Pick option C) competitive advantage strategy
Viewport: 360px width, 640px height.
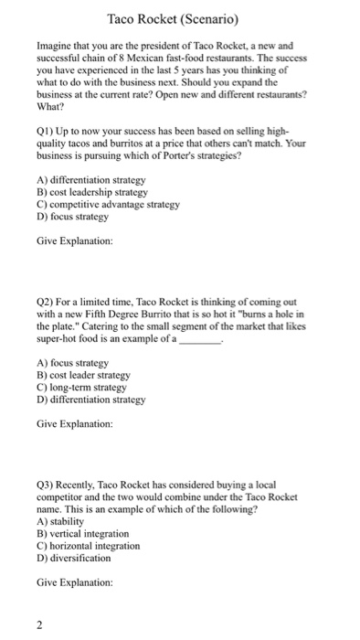pos(108,206)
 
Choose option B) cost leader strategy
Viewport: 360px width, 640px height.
pos(83,374)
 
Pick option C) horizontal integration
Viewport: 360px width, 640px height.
pos(89,545)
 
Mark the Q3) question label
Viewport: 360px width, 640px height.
pos(46,484)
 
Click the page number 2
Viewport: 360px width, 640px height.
pos(39,624)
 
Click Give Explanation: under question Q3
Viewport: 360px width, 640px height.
pos(75,581)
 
